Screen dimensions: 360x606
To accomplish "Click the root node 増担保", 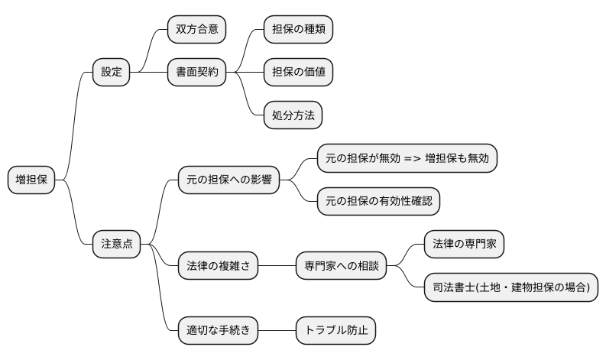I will tap(31, 180).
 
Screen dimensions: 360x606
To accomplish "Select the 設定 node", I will tap(111, 73).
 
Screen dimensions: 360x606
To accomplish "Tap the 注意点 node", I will tap(116, 244).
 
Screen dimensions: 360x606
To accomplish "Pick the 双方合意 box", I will tap(197, 30).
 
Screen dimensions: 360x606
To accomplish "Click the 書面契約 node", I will tap(197, 73).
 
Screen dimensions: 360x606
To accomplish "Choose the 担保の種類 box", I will tap(298, 30).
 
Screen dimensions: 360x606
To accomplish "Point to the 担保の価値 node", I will tap(298, 73).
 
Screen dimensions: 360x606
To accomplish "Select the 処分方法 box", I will tap(292, 115).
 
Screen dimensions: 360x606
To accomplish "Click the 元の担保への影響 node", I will tap(228, 180).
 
